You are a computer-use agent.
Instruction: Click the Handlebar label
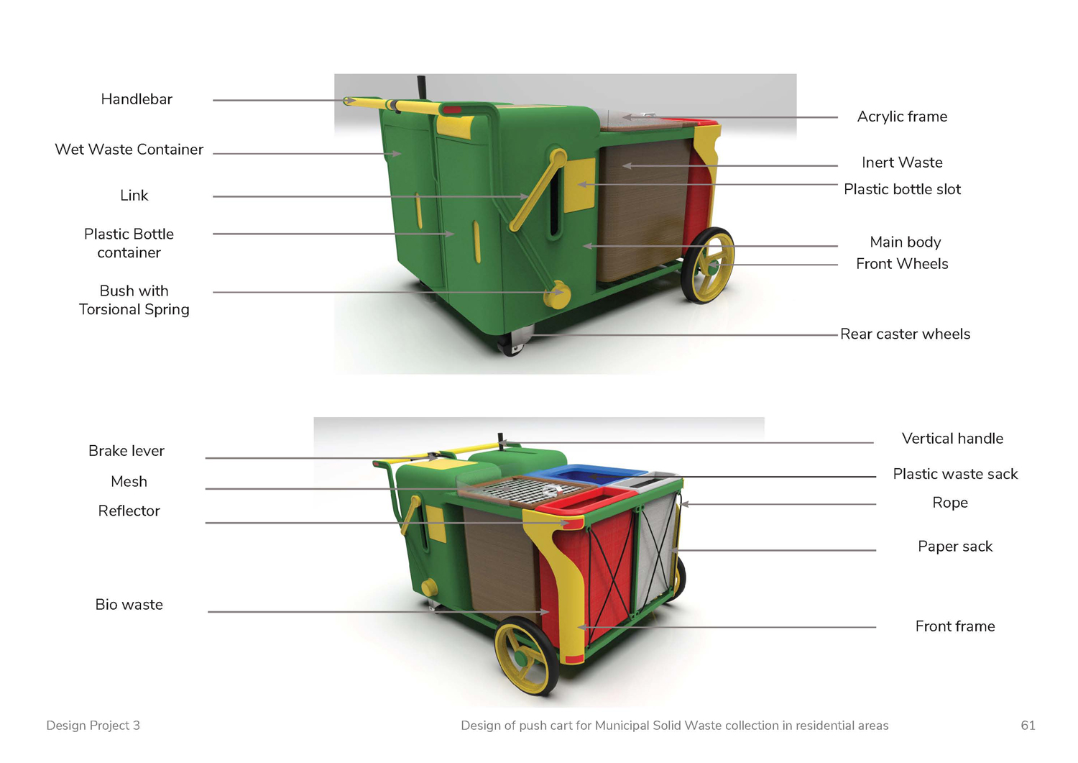point(137,99)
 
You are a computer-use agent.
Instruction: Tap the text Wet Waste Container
point(129,150)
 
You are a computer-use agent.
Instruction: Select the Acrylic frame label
point(902,116)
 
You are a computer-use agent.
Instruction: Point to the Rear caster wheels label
point(906,334)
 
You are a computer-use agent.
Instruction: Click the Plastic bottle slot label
point(903,189)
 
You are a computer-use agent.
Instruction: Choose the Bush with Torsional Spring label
point(134,300)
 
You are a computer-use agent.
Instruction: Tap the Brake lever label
point(126,451)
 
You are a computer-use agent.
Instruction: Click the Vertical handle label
point(952,439)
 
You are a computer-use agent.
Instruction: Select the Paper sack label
point(955,547)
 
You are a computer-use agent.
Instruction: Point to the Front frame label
point(955,626)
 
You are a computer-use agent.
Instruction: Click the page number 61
point(1028,726)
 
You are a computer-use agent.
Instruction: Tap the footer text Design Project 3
point(93,726)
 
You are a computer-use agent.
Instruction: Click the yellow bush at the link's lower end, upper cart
point(557,294)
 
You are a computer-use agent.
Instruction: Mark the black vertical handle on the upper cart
point(422,87)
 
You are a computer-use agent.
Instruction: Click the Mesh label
point(129,482)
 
